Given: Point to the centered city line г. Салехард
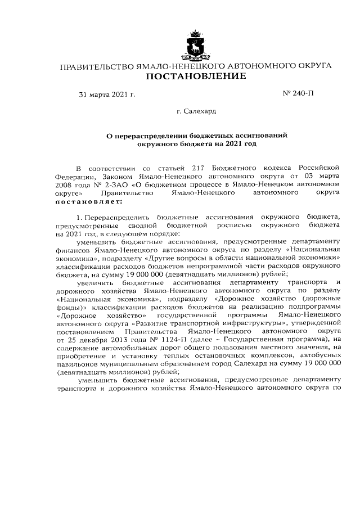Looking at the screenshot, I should [196, 112].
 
